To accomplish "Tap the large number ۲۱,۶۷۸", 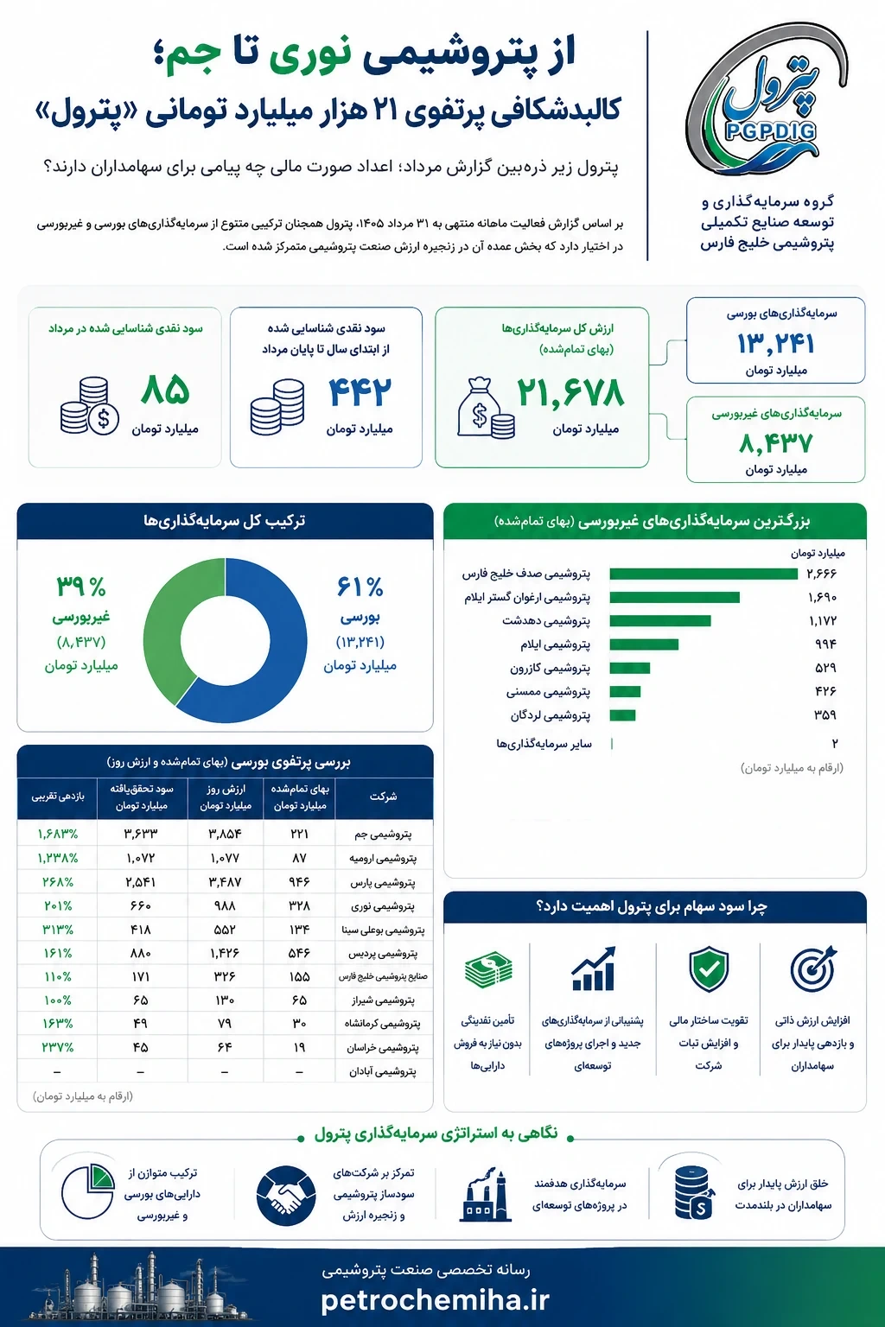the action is (570, 393).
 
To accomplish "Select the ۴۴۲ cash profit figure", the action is (360, 392).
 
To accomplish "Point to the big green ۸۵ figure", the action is (165, 390).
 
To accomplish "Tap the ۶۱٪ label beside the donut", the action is (360, 587).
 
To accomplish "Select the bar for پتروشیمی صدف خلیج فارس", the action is (703, 574).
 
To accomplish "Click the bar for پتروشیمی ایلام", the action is (644, 644).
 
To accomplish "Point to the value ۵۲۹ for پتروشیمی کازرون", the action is (825, 668).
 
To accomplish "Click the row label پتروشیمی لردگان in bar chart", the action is (551, 715).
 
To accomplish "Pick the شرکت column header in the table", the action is (383, 797).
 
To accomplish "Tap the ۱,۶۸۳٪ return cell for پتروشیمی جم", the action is (58, 834).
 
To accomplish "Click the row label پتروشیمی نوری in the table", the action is (384, 906).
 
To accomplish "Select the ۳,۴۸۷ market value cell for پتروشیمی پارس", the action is (225, 882).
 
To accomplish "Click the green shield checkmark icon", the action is (709, 970).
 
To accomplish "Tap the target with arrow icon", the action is (812, 968).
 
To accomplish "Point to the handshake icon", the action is (286, 1196).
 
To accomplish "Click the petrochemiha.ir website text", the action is (435, 1301).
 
